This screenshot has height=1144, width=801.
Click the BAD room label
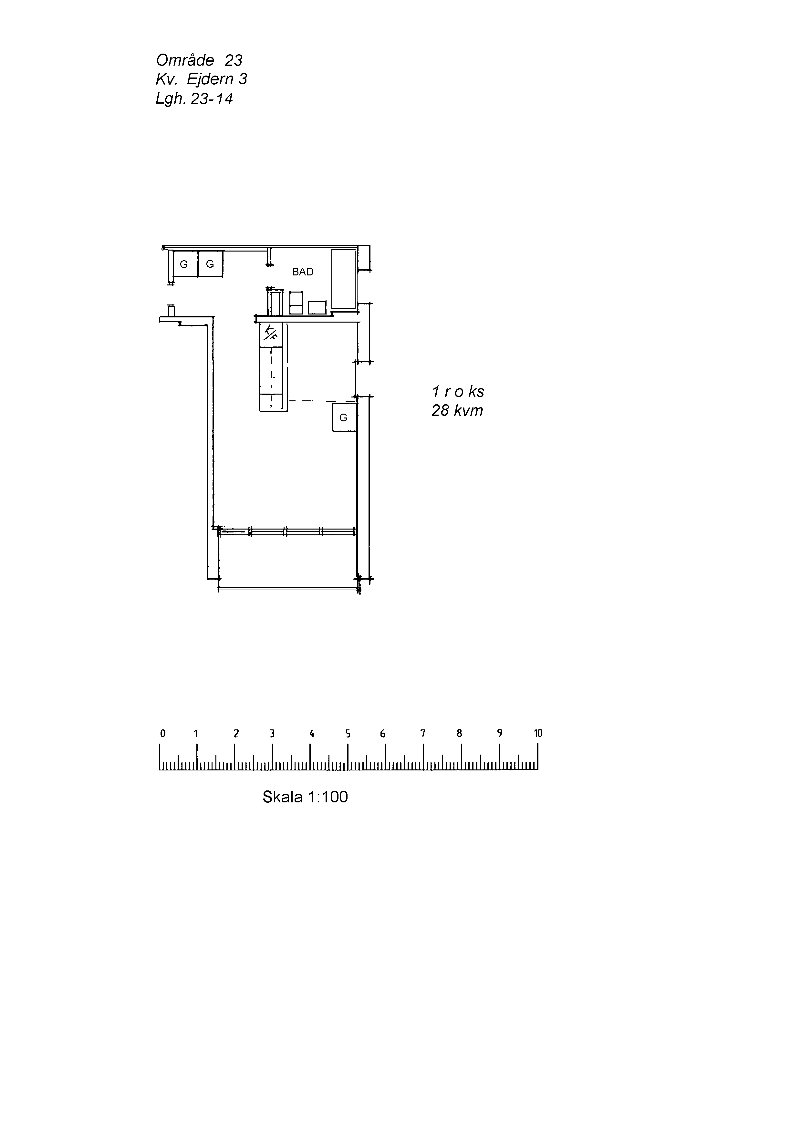[303, 272]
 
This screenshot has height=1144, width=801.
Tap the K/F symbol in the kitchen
[271, 332]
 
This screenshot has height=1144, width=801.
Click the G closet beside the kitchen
[344, 417]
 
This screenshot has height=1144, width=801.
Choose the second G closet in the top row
[210, 264]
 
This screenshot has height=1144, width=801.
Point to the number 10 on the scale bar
[538, 733]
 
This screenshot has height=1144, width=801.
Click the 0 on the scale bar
[162, 733]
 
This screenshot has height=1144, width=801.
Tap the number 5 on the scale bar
[348, 733]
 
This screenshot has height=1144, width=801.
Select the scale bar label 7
[423, 733]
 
